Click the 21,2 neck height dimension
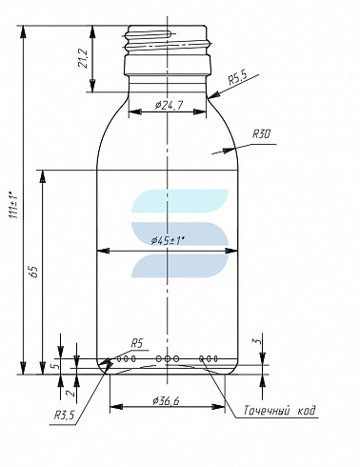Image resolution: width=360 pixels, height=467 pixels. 83,59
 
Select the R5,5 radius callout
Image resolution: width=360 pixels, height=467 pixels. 238,78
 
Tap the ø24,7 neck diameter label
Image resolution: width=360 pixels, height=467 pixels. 169,105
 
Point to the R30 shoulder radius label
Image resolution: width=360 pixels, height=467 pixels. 261,134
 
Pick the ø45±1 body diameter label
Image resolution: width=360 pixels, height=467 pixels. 168,241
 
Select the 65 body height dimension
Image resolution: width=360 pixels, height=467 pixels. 34,271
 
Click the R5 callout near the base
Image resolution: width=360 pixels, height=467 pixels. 137,343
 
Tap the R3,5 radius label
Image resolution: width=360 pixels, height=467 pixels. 65,415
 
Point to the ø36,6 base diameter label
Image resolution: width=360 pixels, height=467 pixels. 166,401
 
